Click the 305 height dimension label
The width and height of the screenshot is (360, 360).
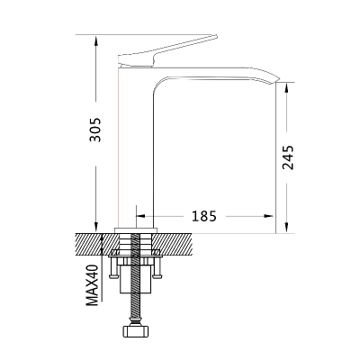(96, 130)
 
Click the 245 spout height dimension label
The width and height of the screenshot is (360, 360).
(288, 157)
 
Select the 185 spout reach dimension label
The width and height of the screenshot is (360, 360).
(204, 216)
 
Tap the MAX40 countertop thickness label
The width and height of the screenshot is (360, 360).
(93, 285)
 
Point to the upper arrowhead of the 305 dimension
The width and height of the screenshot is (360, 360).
(96, 40)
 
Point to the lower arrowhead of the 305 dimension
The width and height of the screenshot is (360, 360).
(96, 227)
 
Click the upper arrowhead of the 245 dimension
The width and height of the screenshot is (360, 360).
(286, 87)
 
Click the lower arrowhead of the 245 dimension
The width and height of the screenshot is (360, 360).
(286, 228)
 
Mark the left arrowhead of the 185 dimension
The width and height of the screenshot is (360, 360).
(141, 216)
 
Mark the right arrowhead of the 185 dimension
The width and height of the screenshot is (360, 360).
(269, 216)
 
